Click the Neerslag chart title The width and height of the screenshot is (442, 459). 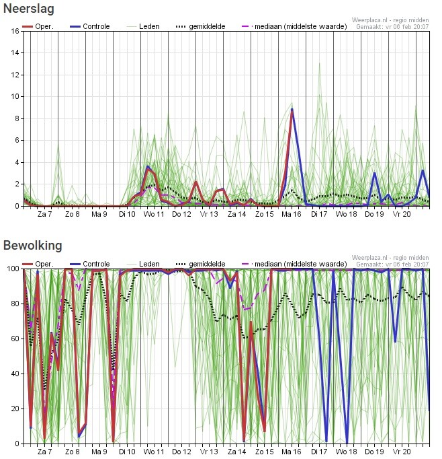[x=29, y=9]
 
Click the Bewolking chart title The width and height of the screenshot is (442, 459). [x=32, y=246]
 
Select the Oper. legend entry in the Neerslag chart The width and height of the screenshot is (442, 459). [x=38, y=26]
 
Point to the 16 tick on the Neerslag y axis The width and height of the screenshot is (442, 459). [x=15, y=31]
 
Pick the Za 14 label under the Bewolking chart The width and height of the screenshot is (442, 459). [x=236, y=452]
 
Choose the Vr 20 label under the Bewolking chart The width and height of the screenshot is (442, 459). [x=402, y=452]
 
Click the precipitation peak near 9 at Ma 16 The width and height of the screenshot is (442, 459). [x=292, y=109]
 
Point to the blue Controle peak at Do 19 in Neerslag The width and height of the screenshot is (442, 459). [x=374, y=173]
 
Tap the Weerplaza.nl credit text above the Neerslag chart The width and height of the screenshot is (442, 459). [x=390, y=20]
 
